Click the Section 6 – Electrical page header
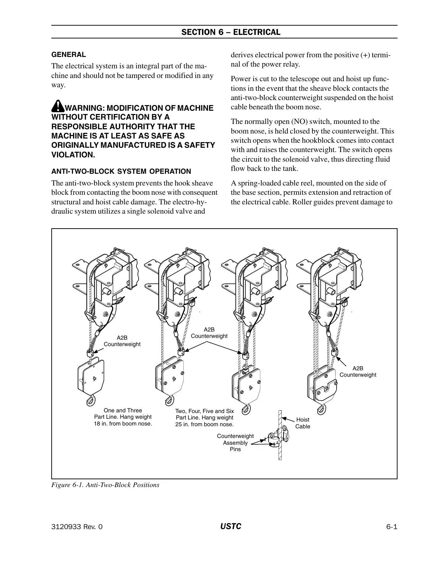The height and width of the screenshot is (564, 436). click(231, 32)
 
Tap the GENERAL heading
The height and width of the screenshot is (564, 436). click(69, 55)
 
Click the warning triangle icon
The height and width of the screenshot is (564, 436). click(57, 106)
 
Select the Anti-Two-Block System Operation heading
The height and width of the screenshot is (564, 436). click(121, 171)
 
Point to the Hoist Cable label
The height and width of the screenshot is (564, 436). click(302, 423)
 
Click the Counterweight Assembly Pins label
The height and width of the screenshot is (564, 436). click(235, 443)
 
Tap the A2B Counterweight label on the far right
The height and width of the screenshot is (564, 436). click(358, 371)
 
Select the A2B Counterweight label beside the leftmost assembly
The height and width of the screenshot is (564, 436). click(122, 341)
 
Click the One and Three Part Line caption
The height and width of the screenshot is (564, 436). click(123, 417)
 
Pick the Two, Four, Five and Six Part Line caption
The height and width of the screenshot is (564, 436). click(204, 418)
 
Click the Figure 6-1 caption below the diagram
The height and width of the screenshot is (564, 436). click(105, 485)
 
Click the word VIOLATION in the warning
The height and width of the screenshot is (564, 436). click(73, 155)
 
